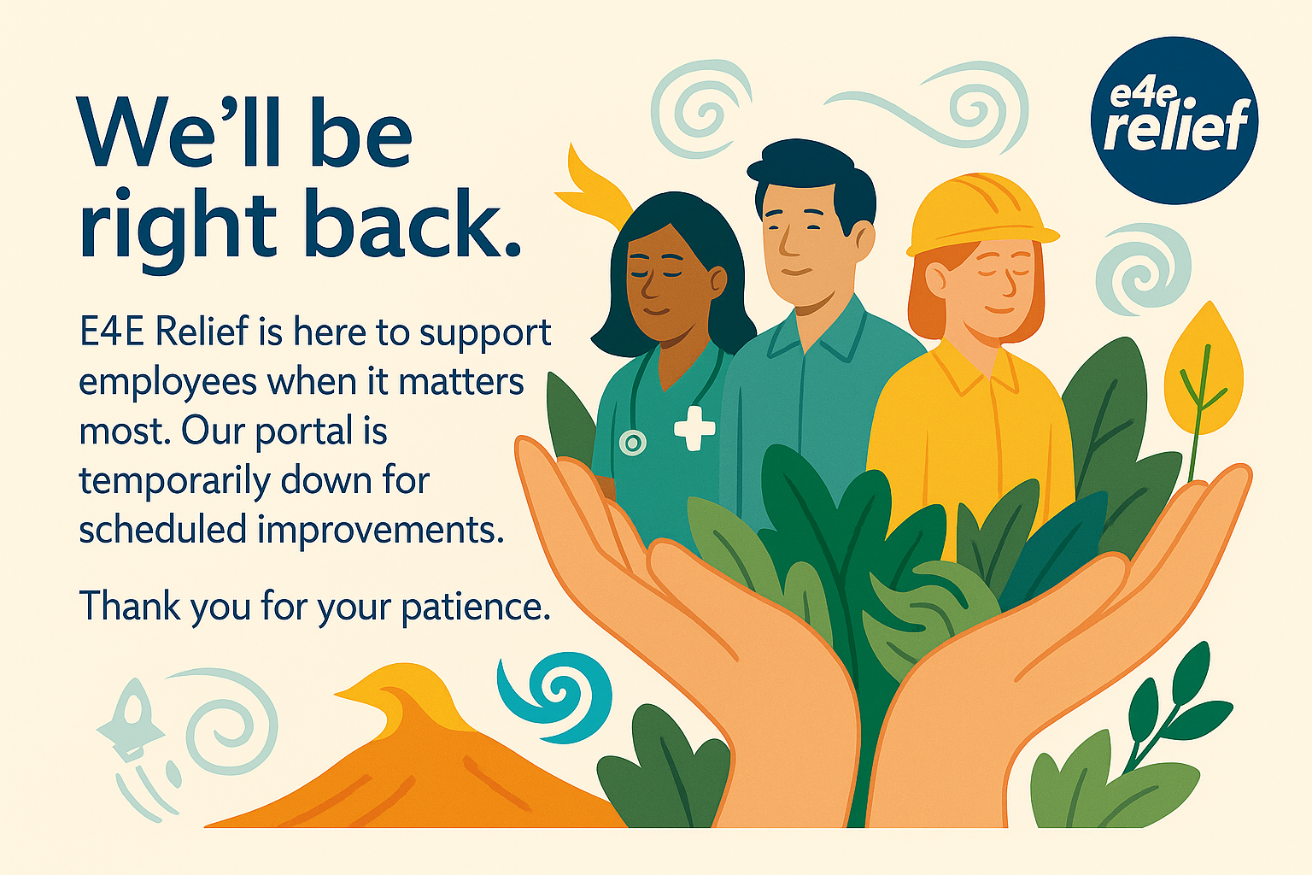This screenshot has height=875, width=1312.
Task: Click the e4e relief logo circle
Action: pos(1174,120)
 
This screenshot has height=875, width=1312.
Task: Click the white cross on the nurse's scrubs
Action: pos(694,428)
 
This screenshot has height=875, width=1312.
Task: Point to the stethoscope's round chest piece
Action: pos(633,443)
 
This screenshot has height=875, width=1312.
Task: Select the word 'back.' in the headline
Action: pos(412,222)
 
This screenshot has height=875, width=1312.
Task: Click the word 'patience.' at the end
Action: pos(476,608)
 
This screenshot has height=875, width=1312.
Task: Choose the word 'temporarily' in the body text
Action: pos(175,482)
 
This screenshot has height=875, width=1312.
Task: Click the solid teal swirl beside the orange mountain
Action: pos(554,697)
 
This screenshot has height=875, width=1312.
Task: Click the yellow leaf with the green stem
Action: pos(1203,375)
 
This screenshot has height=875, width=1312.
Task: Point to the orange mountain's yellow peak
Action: pos(404,691)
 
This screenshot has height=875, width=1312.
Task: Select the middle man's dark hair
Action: pos(811,176)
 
